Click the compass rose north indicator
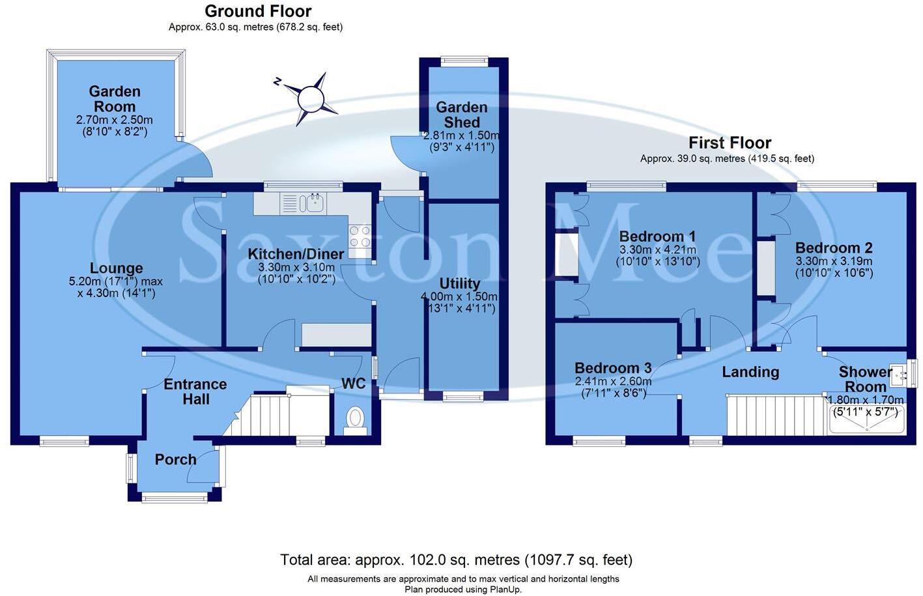click(x=310, y=99)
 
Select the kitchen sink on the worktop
click(x=312, y=203)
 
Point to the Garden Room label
click(x=115, y=99)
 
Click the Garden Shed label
click(x=461, y=115)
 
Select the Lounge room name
click(x=116, y=268)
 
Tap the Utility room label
click(x=459, y=284)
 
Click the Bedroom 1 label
click(x=657, y=236)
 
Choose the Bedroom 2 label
click(x=834, y=248)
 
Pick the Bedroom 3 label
click(x=613, y=369)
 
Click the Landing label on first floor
click(x=750, y=372)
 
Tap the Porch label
click(x=175, y=460)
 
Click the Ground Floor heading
click(x=258, y=11)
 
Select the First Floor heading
click(x=730, y=143)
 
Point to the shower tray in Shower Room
click(x=866, y=419)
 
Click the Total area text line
click(x=456, y=560)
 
